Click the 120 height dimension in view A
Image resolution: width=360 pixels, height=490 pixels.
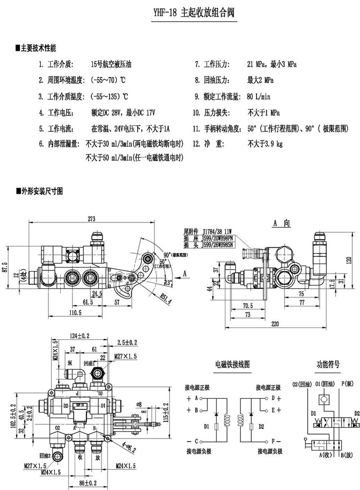[x=348, y=260]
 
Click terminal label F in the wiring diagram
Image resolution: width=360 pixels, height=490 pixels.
[x=273, y=441]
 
